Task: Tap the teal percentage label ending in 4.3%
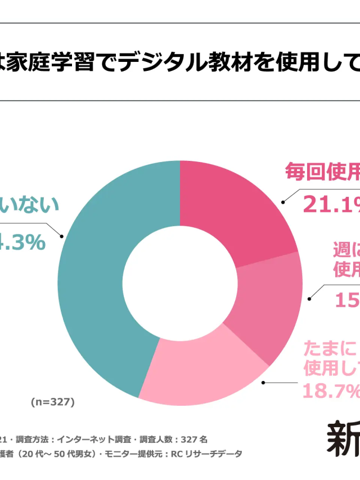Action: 22,242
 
